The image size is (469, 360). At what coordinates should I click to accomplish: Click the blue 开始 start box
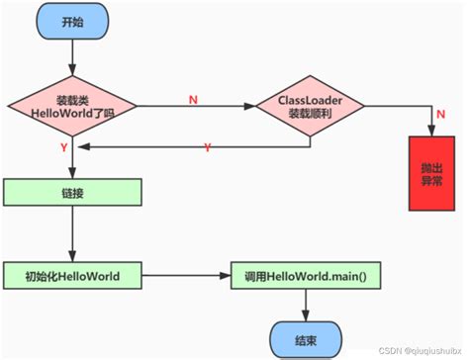pyautogui.click(x=72, y=22)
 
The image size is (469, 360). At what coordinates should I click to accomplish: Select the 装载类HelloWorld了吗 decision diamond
pyautogui.click(x=72, y=103)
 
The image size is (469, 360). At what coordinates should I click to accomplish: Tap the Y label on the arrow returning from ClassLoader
pyautogui.click(x=207, y=147)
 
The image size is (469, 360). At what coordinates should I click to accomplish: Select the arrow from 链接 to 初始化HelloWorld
pyautogui.click(x=72, y=233)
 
